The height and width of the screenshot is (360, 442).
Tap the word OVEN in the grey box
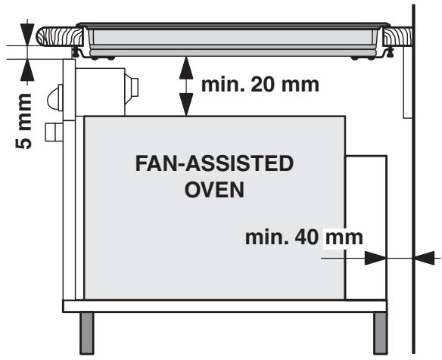[214, 188]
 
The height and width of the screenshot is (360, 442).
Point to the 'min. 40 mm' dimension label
[304, 237]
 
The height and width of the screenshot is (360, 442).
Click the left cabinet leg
[88, 333]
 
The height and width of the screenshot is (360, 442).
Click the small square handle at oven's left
[52, 132]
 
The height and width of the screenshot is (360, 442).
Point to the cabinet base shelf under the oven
[227, 306]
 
